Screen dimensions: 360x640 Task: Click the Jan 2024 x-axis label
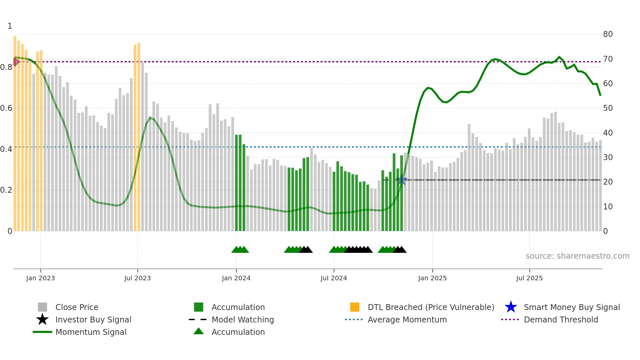(236, 278)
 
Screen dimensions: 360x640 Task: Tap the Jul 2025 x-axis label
(529, 278)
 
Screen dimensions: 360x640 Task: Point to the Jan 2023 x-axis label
(40, 278)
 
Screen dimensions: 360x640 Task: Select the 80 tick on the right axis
(608, 34)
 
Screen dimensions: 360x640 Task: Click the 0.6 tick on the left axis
(6, 108)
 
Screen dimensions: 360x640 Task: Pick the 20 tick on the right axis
(608, 182)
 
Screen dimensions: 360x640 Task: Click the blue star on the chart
(401, 180)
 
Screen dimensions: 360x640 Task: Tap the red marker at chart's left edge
(16, 61)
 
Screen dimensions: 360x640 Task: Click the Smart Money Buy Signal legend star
(511, 307)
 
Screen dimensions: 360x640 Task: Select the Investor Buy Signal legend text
(93, 319)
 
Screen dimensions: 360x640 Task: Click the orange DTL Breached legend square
(355, 307)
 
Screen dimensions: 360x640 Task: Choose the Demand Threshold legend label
(561, 319)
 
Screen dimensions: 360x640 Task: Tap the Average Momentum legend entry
(407, 319)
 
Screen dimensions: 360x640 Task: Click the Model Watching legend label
(243, 319)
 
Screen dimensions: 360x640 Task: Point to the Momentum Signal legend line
(42, 332)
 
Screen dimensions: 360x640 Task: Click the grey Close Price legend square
(42, 307)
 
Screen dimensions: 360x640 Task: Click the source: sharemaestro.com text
(577, 256)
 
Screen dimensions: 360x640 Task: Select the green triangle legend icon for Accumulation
(199, 331)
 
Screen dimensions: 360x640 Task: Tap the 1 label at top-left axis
(10, 26)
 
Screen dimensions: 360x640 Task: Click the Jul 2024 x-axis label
(334, 278)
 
